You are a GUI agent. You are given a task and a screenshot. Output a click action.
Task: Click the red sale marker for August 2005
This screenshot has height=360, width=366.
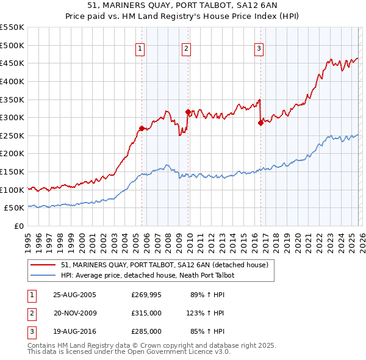coord(142,128)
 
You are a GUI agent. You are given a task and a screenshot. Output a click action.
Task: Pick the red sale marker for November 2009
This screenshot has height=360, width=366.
coord(188,112)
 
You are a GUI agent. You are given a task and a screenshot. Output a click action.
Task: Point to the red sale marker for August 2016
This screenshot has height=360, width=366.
coord(260,123)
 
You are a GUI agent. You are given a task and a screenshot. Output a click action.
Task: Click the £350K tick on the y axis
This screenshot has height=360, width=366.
coord(12,99)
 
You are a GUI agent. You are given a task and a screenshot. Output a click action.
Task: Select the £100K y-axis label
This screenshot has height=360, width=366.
coord(12,190)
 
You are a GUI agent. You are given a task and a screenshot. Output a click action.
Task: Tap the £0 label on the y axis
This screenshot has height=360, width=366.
coord(18,226)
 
